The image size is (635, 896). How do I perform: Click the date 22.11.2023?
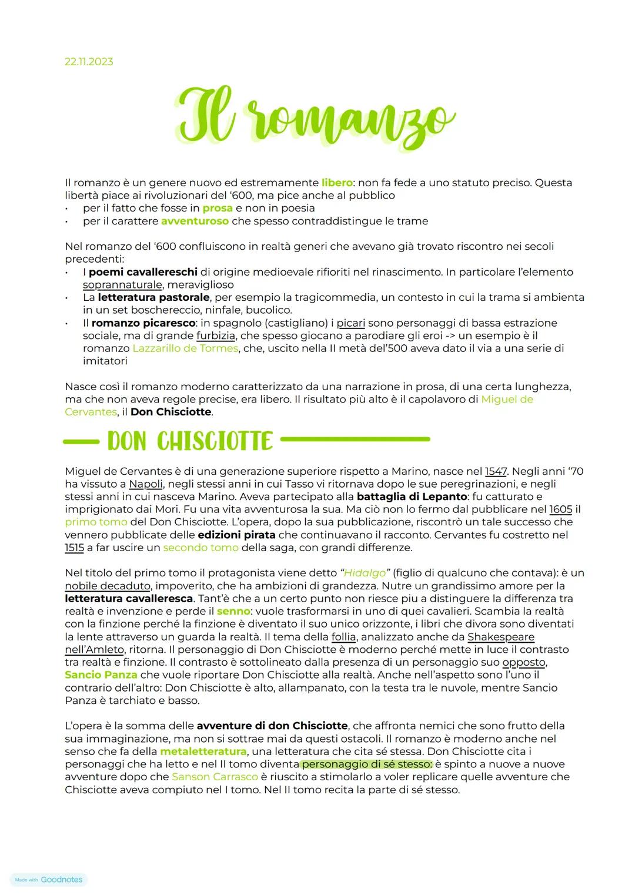coord(89,62)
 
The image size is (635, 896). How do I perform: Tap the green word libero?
coord(337,183)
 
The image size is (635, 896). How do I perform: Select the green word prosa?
coord(218,208)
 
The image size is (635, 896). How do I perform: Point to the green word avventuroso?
coord(195,221)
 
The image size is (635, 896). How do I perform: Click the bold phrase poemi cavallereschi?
coord(143,272)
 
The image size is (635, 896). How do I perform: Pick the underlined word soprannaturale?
coord(122,285)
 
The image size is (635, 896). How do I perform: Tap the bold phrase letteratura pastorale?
coord(153,297)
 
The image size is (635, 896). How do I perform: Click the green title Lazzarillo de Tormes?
coord(185,348)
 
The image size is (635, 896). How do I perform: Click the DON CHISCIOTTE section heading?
coord(190,441)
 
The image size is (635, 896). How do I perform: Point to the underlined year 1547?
coord(496,471)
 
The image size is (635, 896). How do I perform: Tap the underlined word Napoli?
coord(145,484)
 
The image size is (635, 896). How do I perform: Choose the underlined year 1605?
coord(560,509)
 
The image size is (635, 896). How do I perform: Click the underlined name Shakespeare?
coord(501,637)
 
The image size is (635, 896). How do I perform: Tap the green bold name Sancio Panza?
coord(101,674)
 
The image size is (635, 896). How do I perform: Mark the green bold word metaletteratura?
coord(203,751)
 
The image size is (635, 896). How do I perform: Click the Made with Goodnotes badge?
coord(49,880)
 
